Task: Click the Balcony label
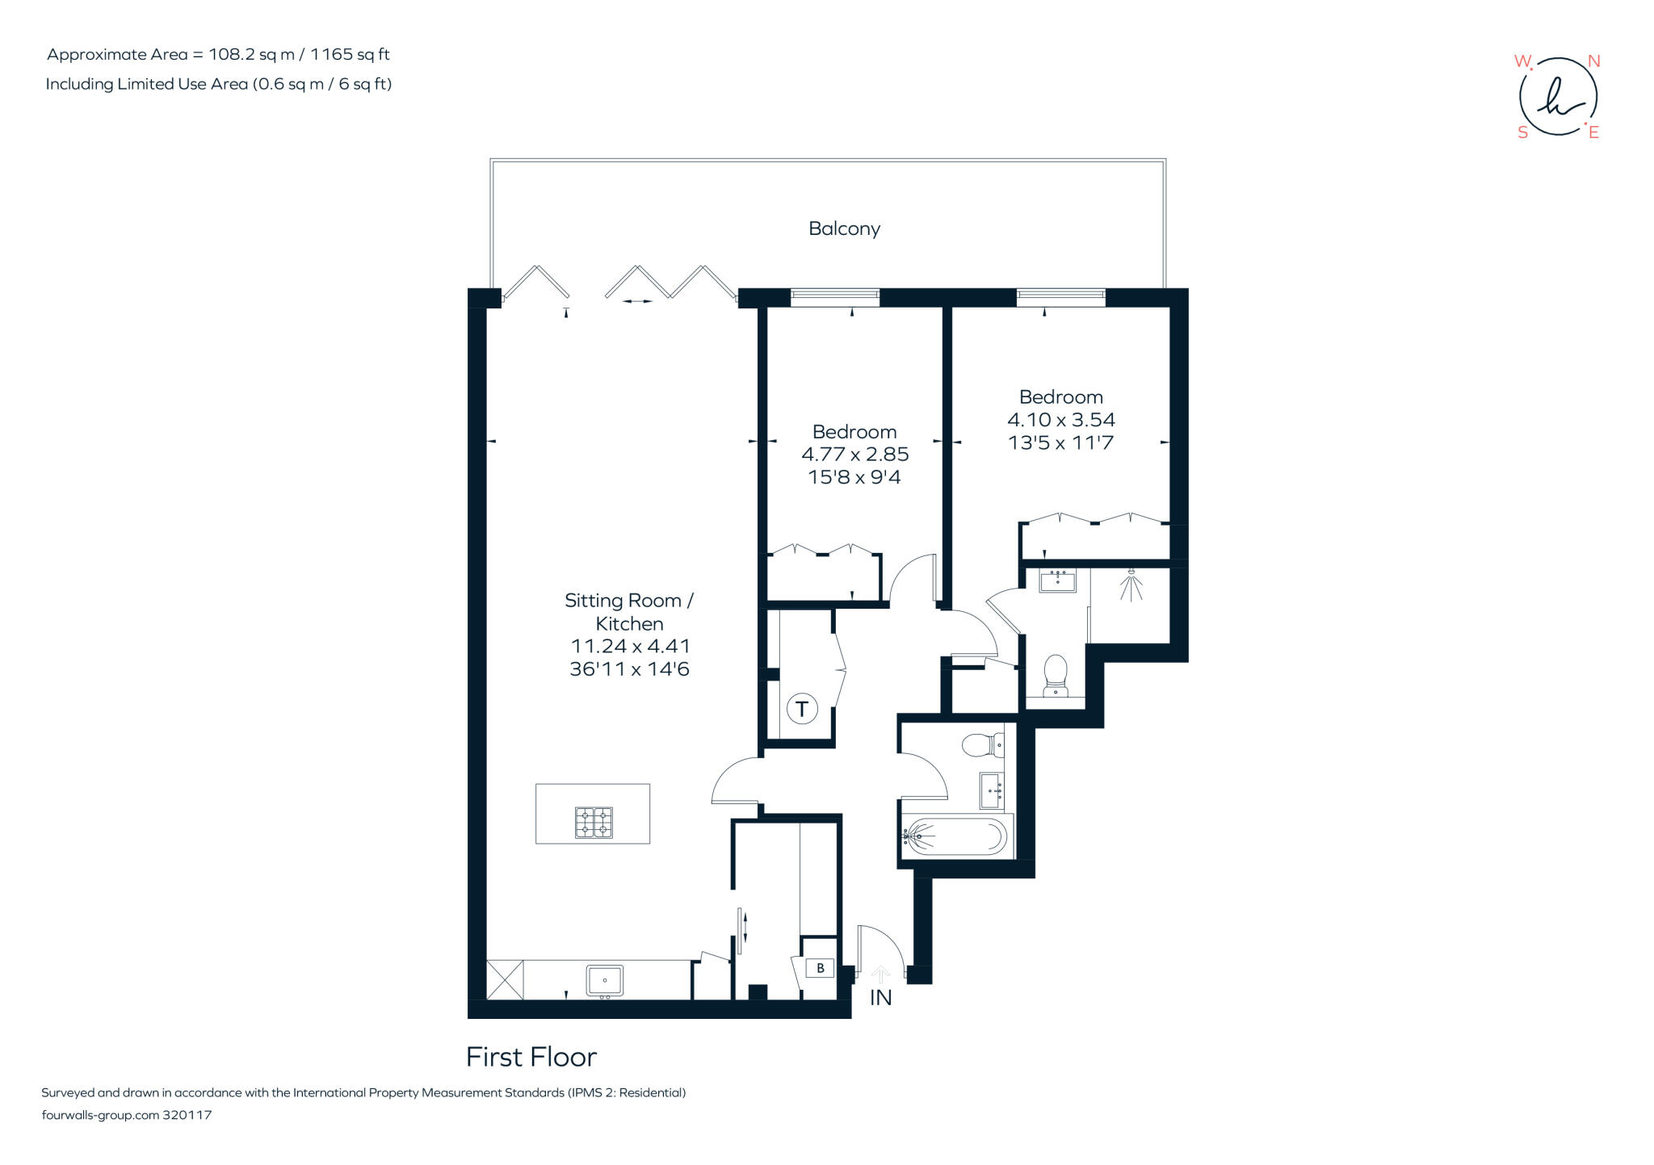pos(844,228)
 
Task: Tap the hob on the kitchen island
pos(594,823)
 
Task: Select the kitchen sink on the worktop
pos(604,980)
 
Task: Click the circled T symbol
pos(802,709)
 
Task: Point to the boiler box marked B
pos(821,967)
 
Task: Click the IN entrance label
pos(880,998)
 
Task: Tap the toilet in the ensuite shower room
pos(1056,674)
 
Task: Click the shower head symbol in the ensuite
pos(1131,583)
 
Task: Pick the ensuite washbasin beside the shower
pos(1057,580)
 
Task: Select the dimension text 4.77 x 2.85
pos(854,455)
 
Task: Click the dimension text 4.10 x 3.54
pos(1060,420)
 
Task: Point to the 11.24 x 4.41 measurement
pos(630,646)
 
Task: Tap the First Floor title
pos(531,1057)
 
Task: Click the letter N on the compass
pos(1593,61)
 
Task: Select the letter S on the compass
pos(1522,132)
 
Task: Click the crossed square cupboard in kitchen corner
pos(505,979)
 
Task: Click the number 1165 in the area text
pos(331,54)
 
